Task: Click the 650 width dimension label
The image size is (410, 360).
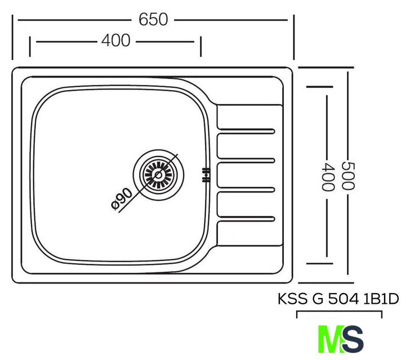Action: coord(153,19)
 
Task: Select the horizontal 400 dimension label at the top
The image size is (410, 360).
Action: coord(116,40)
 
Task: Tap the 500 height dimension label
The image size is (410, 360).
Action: coord(348,176)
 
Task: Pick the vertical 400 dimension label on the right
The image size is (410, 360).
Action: coord(327,177)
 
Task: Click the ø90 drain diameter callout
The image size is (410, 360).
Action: coord(122,199)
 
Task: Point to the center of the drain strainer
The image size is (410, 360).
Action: coord(158,175)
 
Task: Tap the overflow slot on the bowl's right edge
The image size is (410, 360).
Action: coord(206,175)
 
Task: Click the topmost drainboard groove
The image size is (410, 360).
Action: coord(246,131)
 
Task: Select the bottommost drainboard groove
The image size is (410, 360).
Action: coord(246,219)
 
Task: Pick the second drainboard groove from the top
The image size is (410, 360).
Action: coord(246,160)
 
